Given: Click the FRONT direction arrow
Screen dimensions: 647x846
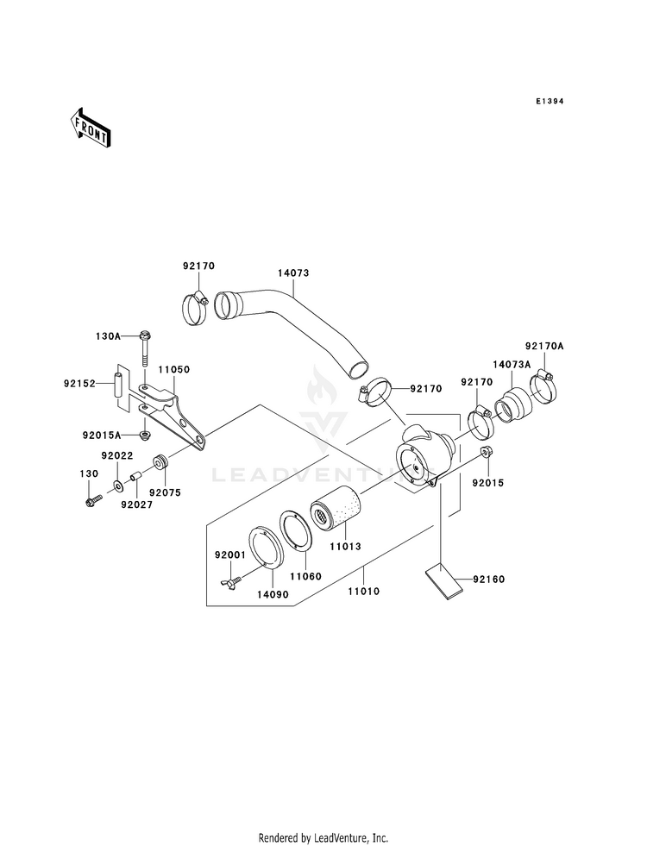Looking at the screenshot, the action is pos(90,128).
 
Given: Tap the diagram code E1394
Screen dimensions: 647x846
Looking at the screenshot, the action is pos(550,101).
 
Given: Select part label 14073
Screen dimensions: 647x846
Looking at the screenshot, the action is pos(293,273).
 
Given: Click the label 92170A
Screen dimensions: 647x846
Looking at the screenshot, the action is pos(544,346).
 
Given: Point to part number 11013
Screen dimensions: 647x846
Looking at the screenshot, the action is pos(345,546).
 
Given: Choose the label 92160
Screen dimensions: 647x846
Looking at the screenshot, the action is pos(489,580).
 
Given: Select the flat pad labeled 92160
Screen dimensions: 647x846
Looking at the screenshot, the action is pos(444,582).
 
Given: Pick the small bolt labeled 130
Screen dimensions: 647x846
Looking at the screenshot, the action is pos(93,499).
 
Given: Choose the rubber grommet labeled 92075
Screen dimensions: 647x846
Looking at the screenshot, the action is pos(160,463).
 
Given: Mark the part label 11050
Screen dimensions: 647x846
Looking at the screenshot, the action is pos(173,370).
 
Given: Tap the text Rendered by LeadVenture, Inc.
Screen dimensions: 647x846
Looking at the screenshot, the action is pos(323,838).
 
